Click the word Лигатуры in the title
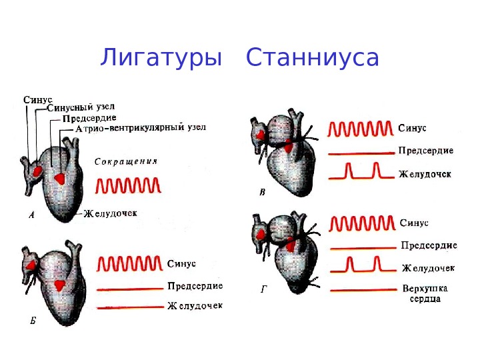coord(161,58)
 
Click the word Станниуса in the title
coord(313,58)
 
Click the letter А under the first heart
coord(32,215)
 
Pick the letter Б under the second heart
coord(33,321)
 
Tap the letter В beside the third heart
coord(262,193)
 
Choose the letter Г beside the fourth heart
coord(263,291)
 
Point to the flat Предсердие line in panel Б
coord(131,289)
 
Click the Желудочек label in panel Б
coord(195,306)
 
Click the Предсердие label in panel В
coord(426,151)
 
